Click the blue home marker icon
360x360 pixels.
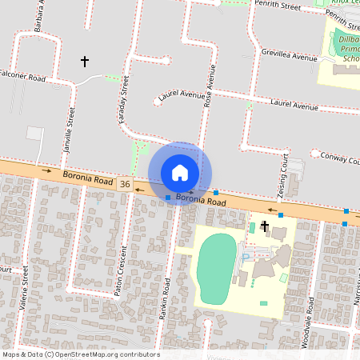180,173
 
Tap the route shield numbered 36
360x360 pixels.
125,184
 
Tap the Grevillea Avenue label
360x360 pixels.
289,55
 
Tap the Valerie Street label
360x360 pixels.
25,287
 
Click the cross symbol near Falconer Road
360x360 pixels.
84,61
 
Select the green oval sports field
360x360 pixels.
217,268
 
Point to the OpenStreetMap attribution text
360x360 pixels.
81,354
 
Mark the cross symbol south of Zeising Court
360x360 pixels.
264,227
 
